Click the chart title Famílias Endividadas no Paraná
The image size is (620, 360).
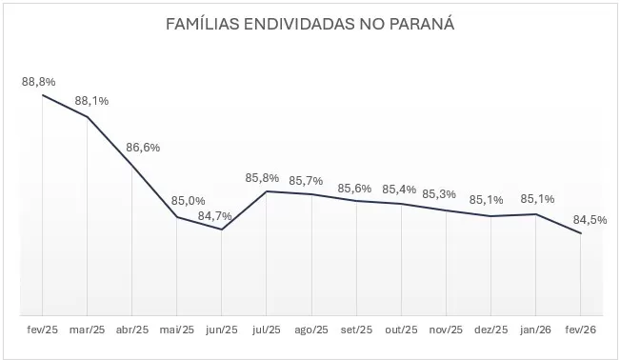[x=310, y=23]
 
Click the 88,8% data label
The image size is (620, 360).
[x=38, y=82]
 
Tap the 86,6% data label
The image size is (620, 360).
[x=143, y=148]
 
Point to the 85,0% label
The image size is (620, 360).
[x=188, y=200]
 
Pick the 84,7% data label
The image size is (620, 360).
[x=215, y=216]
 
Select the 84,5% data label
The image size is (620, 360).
[x=590, y=219]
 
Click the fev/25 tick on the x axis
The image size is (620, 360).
[x=42, y=330]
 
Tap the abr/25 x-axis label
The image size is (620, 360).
[x=131, y=330]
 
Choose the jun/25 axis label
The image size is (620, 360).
[x=221, y=330]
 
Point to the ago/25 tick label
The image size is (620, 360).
[x=310, y=330]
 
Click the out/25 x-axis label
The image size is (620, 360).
[x=401, y=330]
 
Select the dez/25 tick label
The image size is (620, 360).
[x=490, y=330]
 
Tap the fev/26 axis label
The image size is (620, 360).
[x=580, y=330]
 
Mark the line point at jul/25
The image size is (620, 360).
[x=267, y=191]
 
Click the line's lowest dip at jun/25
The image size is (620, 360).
[x=222, y=230]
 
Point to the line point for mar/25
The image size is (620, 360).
[x=88, y=117]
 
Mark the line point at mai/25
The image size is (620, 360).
[x=177, y=217]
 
